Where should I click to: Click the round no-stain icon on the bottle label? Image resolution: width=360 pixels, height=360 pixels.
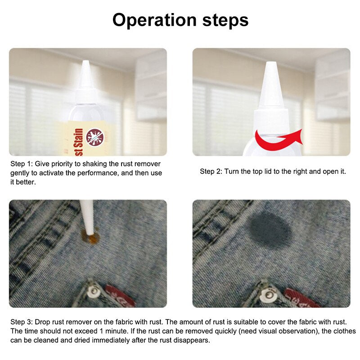point(95,136)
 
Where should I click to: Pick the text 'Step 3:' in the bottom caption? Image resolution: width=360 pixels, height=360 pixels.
point(22,322)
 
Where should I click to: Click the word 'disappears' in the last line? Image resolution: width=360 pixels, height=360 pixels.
point(194,340)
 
